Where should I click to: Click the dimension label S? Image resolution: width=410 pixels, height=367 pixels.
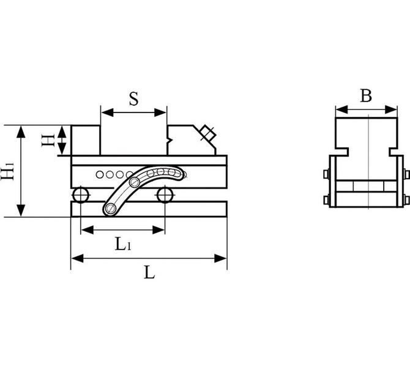(133, 99)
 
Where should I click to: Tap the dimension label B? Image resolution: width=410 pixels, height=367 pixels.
(366, 95)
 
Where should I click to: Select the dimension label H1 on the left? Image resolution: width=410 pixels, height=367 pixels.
(7, 171)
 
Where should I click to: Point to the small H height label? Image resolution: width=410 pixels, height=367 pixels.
(48, 140)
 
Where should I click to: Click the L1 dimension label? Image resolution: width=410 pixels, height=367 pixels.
(123, 245)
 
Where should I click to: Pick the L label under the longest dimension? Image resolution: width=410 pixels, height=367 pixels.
(149, 272)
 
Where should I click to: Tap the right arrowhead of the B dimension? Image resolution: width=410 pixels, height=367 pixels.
(392, 109)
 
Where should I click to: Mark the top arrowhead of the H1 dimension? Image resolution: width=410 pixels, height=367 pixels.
(21, 132)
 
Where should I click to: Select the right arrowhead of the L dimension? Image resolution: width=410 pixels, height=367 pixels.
(220, 258)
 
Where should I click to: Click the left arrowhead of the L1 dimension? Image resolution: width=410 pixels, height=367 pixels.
(88, 230)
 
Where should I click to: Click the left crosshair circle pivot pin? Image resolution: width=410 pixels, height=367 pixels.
(81, 195)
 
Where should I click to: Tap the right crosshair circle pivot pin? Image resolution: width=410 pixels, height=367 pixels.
(165, 195)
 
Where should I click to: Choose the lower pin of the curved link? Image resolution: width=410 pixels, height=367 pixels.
(111, 209)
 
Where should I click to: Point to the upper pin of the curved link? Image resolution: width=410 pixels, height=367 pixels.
(135, 182)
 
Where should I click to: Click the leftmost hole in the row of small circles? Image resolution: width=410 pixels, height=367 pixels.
(100, 174)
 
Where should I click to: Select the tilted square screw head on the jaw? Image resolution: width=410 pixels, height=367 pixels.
(208, 133)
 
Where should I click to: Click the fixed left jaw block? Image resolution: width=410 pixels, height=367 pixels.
(86, 140)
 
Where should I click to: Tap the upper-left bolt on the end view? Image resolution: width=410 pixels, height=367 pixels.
(326, 174)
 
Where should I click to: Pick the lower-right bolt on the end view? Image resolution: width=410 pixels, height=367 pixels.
(406, 201)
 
